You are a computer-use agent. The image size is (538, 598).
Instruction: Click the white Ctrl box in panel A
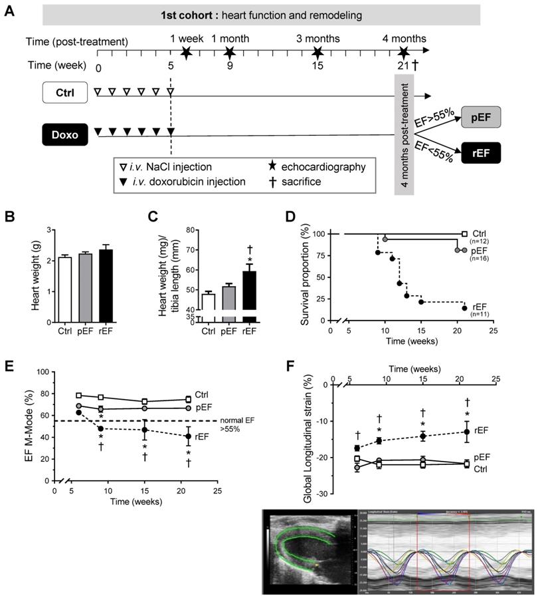[x=65, y=94]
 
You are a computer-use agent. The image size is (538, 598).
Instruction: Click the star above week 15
[x=317, y=52]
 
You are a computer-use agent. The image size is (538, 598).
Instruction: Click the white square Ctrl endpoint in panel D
[x=464, y=234]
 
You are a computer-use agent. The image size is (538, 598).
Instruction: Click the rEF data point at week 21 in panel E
[x=189, y=436]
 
